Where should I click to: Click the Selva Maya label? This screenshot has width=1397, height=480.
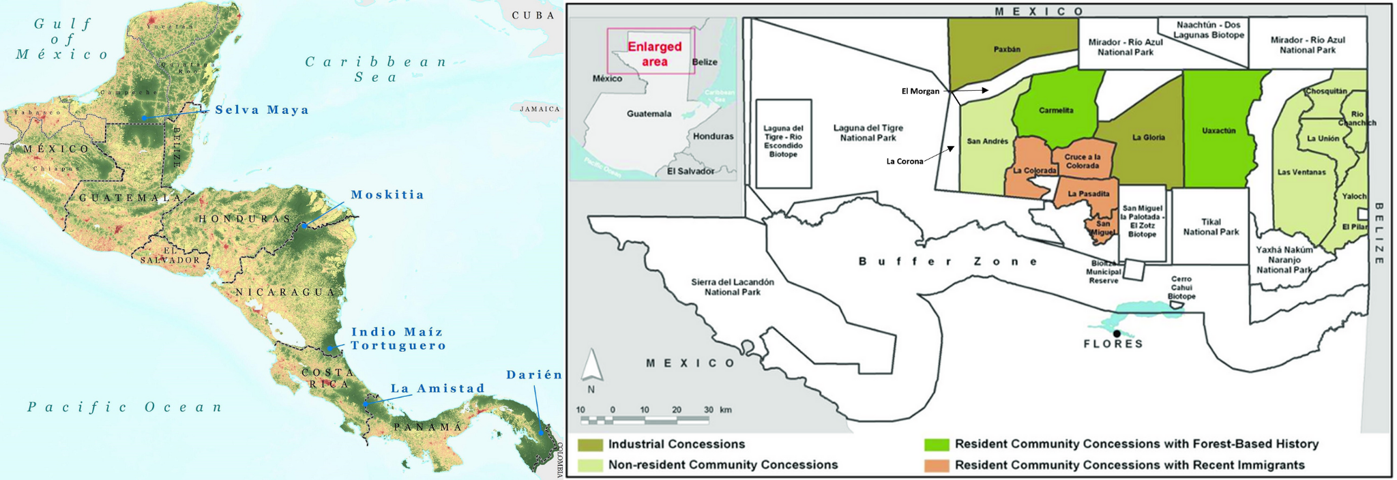[x=262, y=110]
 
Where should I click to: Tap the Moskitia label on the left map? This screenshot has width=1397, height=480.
[x=387, y=195]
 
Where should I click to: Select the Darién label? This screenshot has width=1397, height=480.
[x=534, y=375]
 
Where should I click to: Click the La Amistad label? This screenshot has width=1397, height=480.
[x=437, y=389]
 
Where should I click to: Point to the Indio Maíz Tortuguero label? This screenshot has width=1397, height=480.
[x=398, y=339]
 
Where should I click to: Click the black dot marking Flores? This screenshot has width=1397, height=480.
[x=1117, y=333]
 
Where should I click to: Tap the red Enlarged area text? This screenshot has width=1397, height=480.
[x=654, y=54]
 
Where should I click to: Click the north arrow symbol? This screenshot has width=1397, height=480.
[x=591, y=365]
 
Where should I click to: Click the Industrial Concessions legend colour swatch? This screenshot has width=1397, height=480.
[x=590, y=445]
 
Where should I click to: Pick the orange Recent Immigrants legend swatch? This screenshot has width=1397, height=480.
[x=937, y=465]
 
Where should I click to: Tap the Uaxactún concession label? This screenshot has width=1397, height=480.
[x=1218, y=131]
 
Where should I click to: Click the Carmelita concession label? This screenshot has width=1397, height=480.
[x=1056, y=110]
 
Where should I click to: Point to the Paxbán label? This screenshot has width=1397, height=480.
[x=1007, y=49]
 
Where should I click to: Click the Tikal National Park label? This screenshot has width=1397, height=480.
[x=1211, y=227]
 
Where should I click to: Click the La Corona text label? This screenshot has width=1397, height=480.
[x=905, y=162]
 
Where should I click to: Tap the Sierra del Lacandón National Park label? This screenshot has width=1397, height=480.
[x=732, y=287]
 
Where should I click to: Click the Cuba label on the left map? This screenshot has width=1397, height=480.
[x=533, y=15]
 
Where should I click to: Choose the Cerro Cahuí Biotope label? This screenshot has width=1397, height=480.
[x=1181, y=288]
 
